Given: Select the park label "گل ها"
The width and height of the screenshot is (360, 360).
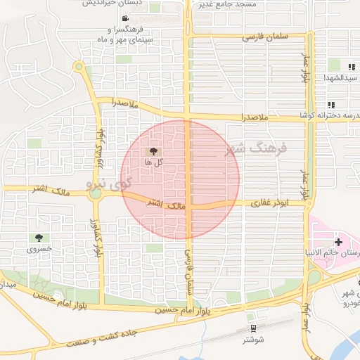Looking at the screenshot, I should [153, 162].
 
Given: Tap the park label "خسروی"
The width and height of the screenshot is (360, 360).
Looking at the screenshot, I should [39, 250].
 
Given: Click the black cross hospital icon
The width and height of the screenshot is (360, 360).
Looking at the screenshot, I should [339, 241].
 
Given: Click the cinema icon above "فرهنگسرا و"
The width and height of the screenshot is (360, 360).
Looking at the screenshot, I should [125, 19].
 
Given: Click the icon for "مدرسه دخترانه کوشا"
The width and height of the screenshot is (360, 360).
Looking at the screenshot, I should [331, 105].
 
